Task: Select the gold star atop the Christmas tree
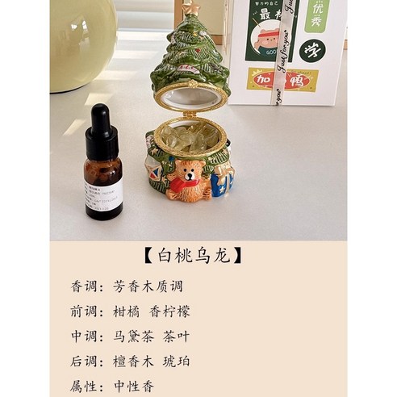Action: click(192, 9)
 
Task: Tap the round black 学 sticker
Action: click(309, 49)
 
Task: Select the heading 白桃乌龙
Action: click(198, 255)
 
